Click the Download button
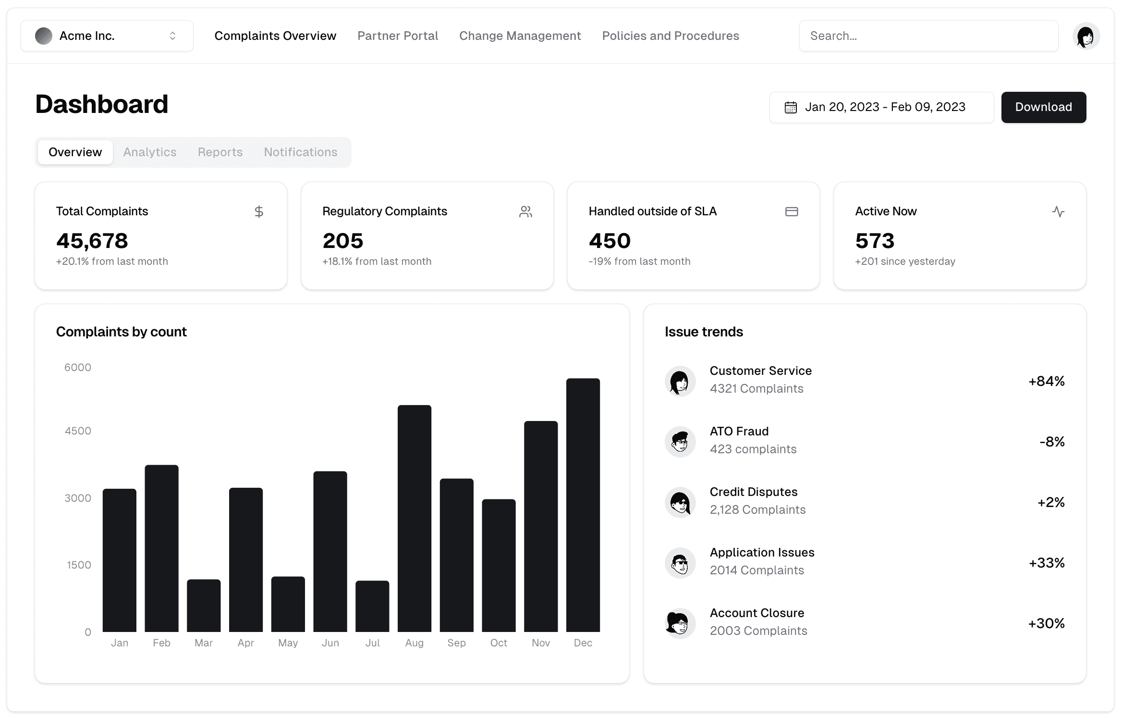(1043, 107)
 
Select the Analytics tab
(150, 152)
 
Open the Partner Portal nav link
(398, 36)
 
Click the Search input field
(928, 36)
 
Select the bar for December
(583, 505)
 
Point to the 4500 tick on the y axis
(78, 431)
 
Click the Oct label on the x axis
(499, 643)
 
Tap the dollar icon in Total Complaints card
(259, 211)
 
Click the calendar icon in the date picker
(791, 107)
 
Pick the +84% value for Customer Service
(1046, 381)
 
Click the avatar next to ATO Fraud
(680, 441)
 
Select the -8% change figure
(1052, 442)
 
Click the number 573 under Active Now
(875, 241)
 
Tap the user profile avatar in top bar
(1085, 36)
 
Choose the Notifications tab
(301, 152)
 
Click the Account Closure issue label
(757, 613)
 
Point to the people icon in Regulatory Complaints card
(525, 211)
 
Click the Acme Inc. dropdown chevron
(172, 36)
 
